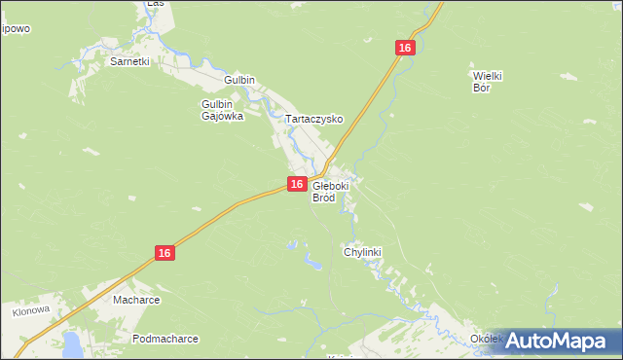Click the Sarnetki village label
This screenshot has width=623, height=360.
pyautogui.click(x=129, y=60)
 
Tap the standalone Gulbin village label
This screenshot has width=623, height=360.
pyautogui.click(x=238, y=80)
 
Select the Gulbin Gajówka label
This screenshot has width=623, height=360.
pyautogui.click(x=222, y=109)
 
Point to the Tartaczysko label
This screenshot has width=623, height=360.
pyautogui.click(x=314, y=119)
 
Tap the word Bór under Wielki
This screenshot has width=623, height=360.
pyautogui.click(x=481, y=88)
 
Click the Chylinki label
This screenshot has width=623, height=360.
pyautogui.click(x=362, y=252)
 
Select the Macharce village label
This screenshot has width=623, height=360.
pyautogui.click(x=134, y=300)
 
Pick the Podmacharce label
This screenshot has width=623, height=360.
pyautogui.click(x=165, y=339)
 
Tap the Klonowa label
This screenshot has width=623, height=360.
pyautogui.click(x=30, y=313)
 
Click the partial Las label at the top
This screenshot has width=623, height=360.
pyautogui.click(x=154, y=4)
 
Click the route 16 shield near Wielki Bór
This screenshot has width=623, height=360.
pyautogui.click(x=406, y=47)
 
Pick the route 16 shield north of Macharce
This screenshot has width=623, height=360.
pyautogui.click(x=165, y=252)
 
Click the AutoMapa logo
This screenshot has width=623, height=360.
pyautogui.click(x=551, y=341)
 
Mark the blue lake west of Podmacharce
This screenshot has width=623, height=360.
pyautogui.click(x=73, y=342)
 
